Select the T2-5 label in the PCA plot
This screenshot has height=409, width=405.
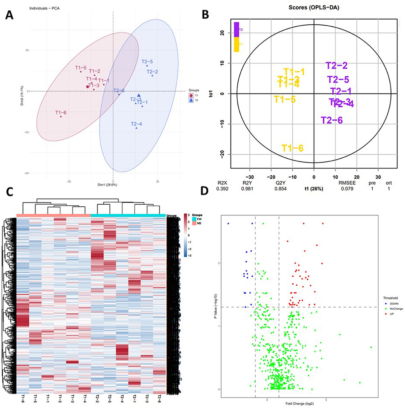(147, 61)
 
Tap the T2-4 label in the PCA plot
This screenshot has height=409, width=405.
(136, 124)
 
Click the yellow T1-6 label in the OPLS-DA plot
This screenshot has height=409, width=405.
(293, 148)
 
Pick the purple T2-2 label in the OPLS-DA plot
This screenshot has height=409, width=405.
(336, 66)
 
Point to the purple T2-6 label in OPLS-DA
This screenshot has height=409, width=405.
(332, 120)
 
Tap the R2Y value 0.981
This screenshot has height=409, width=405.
(248, 189)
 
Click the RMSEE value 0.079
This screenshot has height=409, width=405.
(347, 189)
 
